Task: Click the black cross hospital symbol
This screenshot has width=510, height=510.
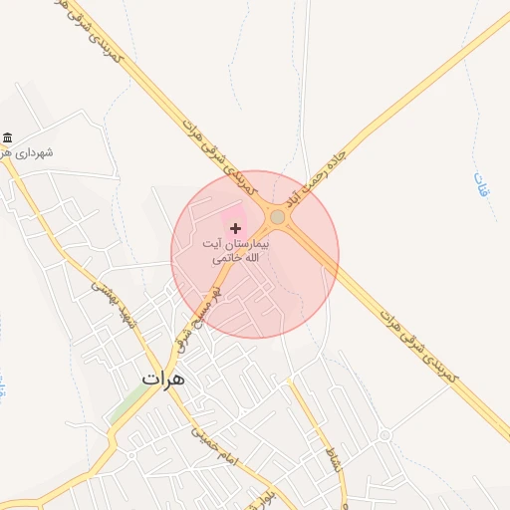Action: (235, 229)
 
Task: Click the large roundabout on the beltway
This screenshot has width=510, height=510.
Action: (278, 217)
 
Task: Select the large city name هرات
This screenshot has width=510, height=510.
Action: (164, 378)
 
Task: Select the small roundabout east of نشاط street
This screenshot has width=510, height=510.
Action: (384, 435)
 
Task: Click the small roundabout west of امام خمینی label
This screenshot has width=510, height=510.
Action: (130, 454)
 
